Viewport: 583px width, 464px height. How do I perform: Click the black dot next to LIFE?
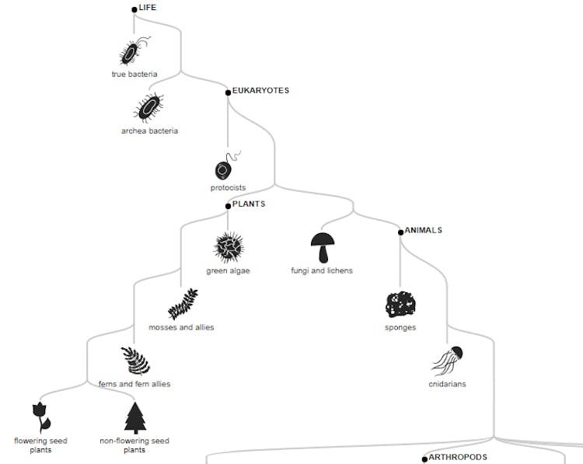click(x=134, y=9)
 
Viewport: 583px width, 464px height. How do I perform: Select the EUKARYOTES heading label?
click(x=260, y=91)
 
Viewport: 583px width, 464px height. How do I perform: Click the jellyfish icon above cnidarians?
click(x=448, y=361)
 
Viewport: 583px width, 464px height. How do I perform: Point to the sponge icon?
click(x=400, y=305)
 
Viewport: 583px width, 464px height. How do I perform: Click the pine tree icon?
click(x=135, y=417)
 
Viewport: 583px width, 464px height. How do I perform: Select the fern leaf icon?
click(x=134, y=361)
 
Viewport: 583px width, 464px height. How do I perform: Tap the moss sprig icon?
click(x=183, y=304)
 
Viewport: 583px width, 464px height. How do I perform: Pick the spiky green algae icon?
click(x=229, y=248)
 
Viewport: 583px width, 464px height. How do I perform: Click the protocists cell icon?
click(x=226, y=167)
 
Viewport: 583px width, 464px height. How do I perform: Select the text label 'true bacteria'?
click(x=134, y=75)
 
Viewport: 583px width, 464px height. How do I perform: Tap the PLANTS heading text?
click(x=249, y=204)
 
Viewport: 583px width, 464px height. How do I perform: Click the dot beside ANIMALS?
click(x=400, y=232)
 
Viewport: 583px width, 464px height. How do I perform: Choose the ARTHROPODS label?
click(x=458, y=458)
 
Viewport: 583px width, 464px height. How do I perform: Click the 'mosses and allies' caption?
click(x=181, y=327)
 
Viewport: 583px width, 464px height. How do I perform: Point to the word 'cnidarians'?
click(x=447, y=384)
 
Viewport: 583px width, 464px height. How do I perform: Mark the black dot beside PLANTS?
click(x=228, y=206)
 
